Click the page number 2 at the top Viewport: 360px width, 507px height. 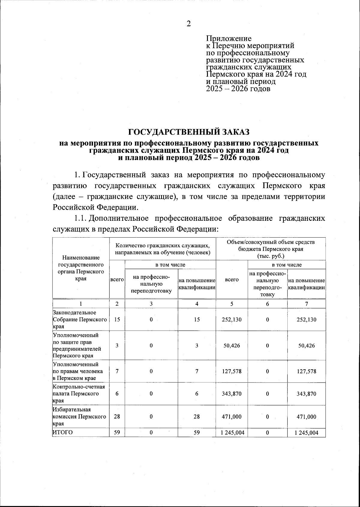pos(188,24)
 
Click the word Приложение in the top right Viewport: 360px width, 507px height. pos(229,39)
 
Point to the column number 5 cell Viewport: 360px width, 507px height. pos(232,304)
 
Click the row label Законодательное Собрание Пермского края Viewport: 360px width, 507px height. pos(80,319)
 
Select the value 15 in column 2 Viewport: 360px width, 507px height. pos(117,319)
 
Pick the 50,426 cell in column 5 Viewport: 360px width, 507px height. pos(232,346)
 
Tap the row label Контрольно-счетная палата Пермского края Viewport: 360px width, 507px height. pos(80,394)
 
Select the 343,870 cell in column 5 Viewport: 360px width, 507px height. pos(232,394)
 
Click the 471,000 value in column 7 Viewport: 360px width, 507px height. pos(306,417)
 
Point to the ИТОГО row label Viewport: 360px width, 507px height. pos(63,432)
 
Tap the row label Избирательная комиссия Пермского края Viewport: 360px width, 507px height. pos(80,417)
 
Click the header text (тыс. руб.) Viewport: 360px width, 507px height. pos(271,256)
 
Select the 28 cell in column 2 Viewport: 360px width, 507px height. pos(117,417)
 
